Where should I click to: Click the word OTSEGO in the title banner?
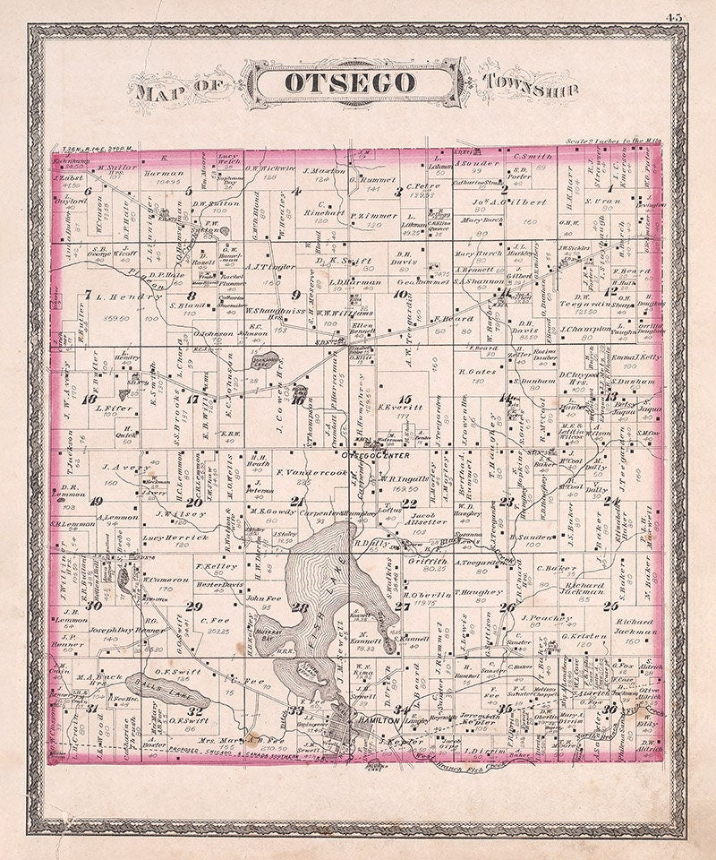(350, 82)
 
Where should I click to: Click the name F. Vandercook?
(309, 472)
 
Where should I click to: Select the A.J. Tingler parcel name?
(246, 266)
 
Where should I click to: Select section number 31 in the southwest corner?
(92, 709)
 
